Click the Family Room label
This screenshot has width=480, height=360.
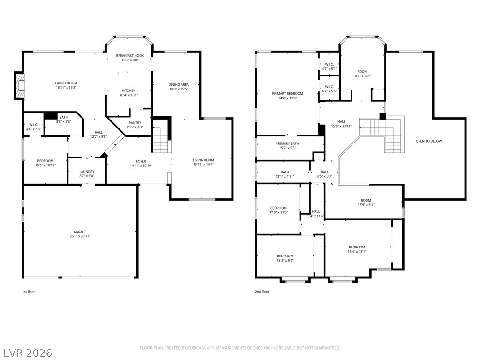pyautogui.click(x=66, y=83)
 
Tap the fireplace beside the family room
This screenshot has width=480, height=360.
pyautogui.click(x=19, y=85)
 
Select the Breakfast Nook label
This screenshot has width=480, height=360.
pyautogui.click(x=130, y=55)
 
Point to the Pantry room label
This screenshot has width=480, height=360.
pyautogui.click(x=135, y=123)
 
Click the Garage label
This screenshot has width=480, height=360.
pyautogui.click(x=80, y=232)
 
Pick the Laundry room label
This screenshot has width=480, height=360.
pyautogui.click(x=87, y=172)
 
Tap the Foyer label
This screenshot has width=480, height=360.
pyautogui.click(x=141, y=161)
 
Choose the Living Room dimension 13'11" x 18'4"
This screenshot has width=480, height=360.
pyautogui.click(x=203, y=165)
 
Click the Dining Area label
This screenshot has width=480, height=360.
pyautogui.click(x=179, y=84)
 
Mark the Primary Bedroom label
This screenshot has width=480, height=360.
pyautogui.click(x=287, y=93)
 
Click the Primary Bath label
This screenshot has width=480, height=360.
pyautogui.click(x=287, y=143)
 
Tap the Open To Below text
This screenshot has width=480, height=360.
pyautogui.click(x=429, y=141)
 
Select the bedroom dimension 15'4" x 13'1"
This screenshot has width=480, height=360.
pyautogui.click(x=357, y=252)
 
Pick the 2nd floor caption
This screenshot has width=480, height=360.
pyautogui.click(x=262, y=292)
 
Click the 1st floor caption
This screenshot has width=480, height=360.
pyautogui.click(x=29, y=292)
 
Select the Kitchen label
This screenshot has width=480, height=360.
pyautogui.click(x=129, y=90)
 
